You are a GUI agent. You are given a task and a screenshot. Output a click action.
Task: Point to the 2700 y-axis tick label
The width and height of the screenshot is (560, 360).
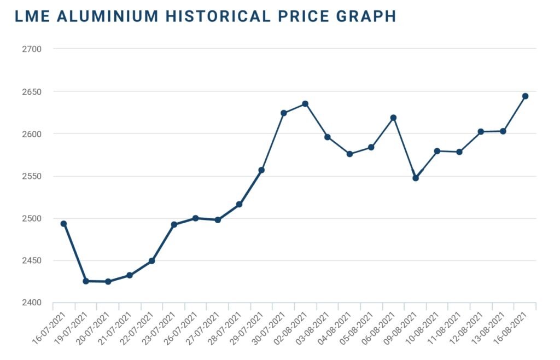[x=32, y=49]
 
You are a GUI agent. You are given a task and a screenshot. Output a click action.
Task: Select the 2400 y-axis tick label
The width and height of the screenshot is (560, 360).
[x=32, y=303]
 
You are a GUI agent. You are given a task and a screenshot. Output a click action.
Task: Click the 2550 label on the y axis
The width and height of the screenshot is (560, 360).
[x=32, y=176]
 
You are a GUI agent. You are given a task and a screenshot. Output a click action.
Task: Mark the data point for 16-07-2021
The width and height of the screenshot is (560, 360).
[x=64, y=224]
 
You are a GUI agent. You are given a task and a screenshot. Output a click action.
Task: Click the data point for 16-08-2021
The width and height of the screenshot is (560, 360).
[x=525, y=96]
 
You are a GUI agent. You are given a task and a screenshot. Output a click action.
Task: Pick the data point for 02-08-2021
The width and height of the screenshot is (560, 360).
[x=305, y=104]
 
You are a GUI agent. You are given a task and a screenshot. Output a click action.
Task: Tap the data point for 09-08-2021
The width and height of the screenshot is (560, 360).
[x=416, y=178]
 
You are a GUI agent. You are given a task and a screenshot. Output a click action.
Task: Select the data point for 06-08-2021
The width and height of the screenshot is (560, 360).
[x=393, y=118]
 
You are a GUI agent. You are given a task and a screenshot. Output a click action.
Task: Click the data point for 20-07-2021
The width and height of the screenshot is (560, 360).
[x=108, y=282]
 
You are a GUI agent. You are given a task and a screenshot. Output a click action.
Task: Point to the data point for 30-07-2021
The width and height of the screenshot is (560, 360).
[x=283, y=113]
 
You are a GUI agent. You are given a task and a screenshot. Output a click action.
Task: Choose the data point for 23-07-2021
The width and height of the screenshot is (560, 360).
[x=174, y=224]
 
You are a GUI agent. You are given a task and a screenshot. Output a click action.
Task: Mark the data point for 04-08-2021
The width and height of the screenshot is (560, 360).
[x=349, y=154]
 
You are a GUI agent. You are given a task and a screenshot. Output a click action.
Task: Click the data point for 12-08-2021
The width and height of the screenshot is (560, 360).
[x=481, y=132]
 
